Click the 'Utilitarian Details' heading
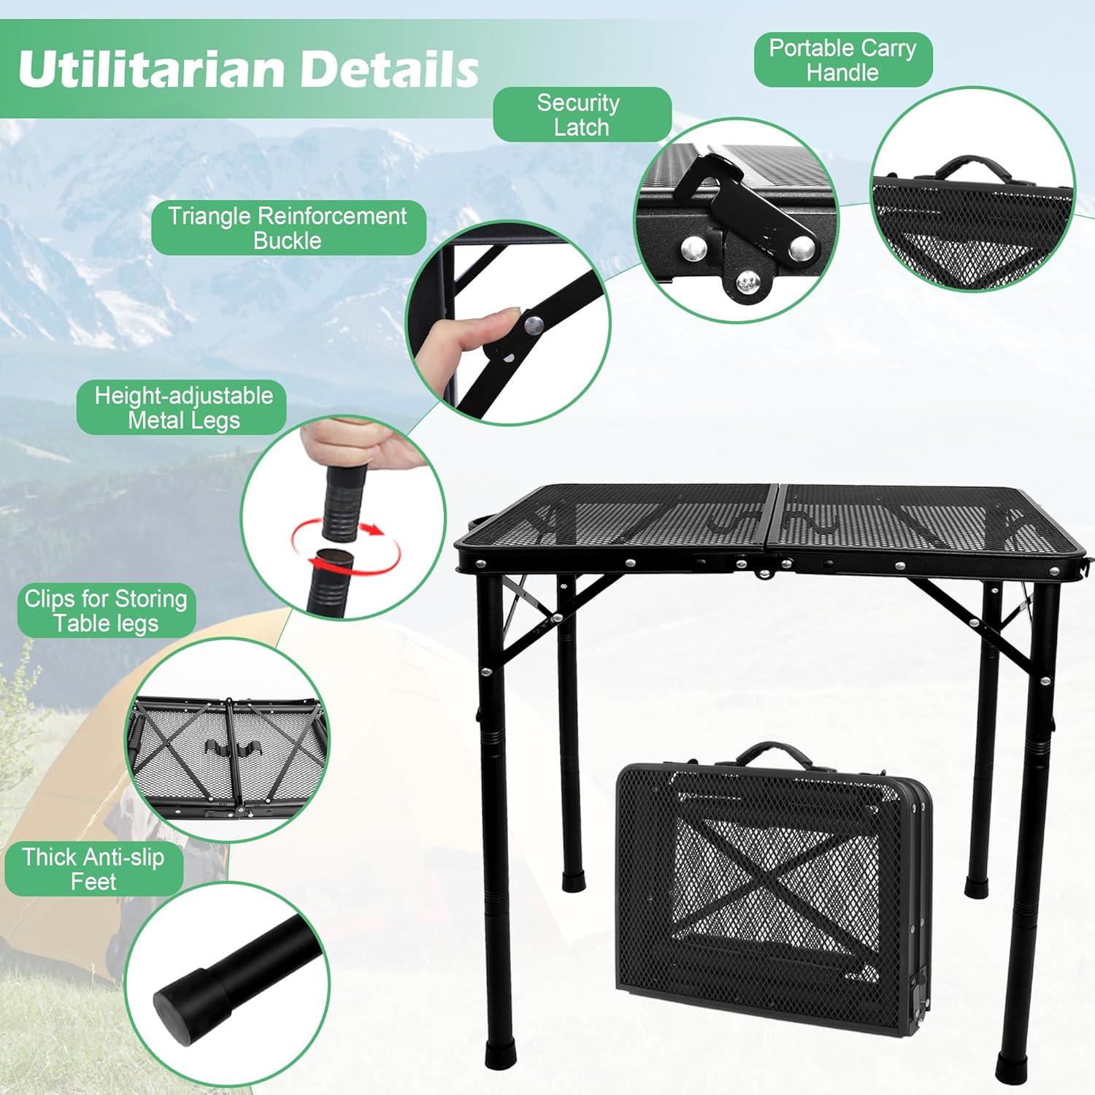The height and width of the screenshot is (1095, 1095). tap(248, 69)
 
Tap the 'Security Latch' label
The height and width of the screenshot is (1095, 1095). tap(581, 115)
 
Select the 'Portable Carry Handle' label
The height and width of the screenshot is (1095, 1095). tap(842, 60)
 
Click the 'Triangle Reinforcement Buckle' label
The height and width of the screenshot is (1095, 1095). tap(288, 228)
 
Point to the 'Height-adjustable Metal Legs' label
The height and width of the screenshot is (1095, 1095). tap(183, 407)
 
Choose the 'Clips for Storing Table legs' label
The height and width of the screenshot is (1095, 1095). tap(106, 610)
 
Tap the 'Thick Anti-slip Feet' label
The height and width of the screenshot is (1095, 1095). tap(93, 869)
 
